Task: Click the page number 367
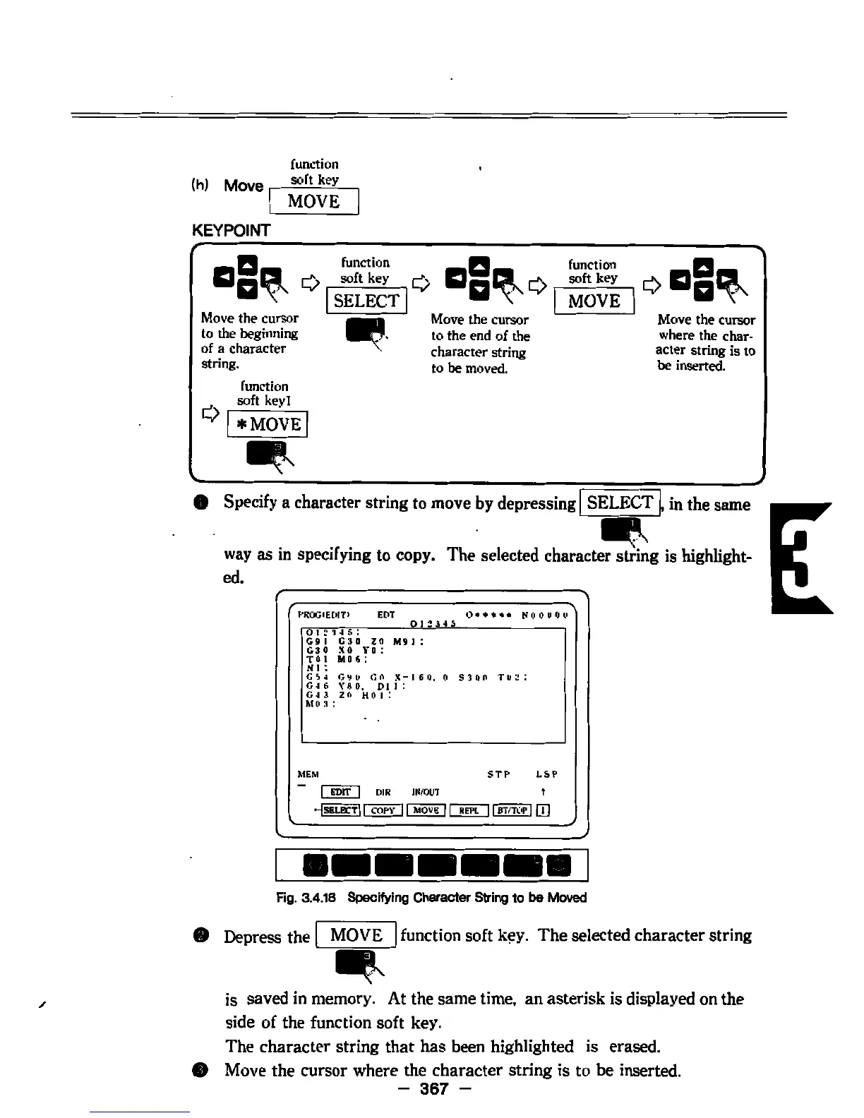(x=433, y=1089)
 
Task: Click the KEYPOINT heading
(x=231, y=230)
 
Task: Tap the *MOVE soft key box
(x=267, y=424)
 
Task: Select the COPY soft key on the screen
(x=383, y=810)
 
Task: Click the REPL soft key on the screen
(x=469, y=810)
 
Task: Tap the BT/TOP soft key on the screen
(x=512, y=810)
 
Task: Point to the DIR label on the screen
(x=383, y=793)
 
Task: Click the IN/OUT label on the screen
(x=425, y=793)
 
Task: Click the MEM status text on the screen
(x=308, y=774)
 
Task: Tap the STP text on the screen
(x=498, y=774)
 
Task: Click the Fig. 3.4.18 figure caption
(x=431, y=897)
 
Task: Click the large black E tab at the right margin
(x=802, y=558)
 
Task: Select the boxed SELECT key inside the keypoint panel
(x=366, y=301)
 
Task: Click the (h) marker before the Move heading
(x=199, y=186)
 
